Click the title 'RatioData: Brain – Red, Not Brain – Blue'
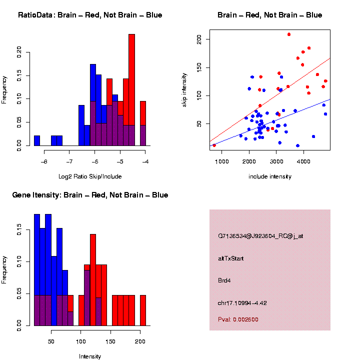pyautogui.click(x=90, y=15)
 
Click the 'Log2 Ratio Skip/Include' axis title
pyautogui.click(x=89, y=176)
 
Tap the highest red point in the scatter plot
pyautogui.click(x=289, y=34)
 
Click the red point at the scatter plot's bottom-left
pyautogui.click(x=214, y=145)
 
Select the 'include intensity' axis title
pyautogui.click(x=270, y=176)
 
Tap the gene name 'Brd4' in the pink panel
pyautogui.click(x=224, y=280)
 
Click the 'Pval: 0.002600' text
pyautogui.click(x=238, y=319)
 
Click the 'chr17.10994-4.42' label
pyautogui.click(x=243, y=302)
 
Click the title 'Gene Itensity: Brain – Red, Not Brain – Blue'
pyautogui.click(x=90, y=195)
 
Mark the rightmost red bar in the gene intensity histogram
pyautogui.click(x=143, y=310)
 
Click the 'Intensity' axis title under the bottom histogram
pyautogui.click(x=90, y=356)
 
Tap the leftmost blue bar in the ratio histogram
pyautogui.click(x=37, y=140)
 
